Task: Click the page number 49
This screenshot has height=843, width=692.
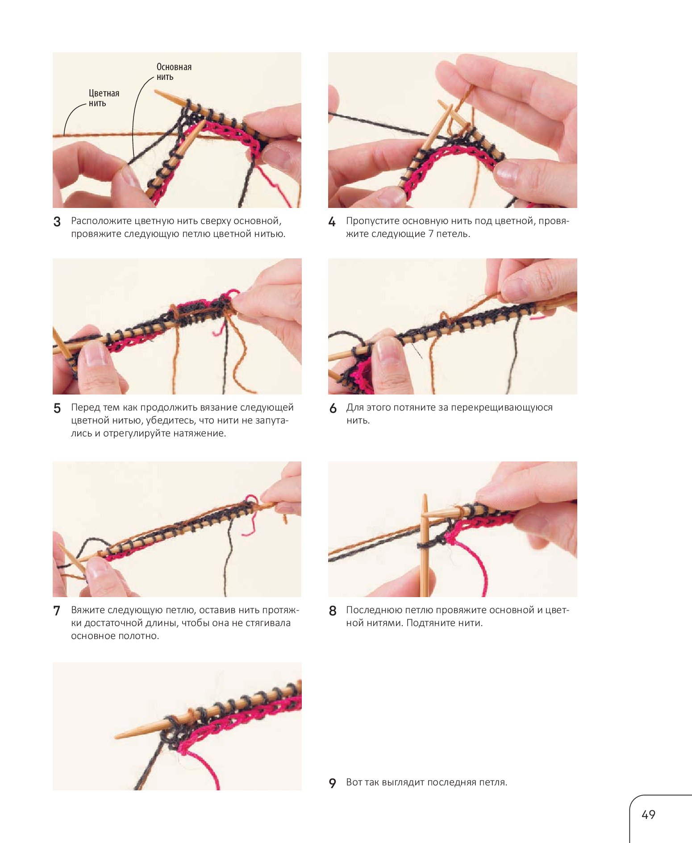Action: pyautogui.click(x=648, y=815)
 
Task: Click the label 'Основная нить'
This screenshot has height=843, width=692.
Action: pyautogui.click(x=174, y=72)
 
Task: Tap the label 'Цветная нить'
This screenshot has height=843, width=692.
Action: pyautogui.click(x=104, y=98)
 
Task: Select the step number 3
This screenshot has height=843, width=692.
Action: pyautogui.click(x=57, y=222)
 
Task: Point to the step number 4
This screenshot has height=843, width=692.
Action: pyautogui.click(x=332, y=222)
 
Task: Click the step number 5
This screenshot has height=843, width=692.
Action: pyautogui.click(x=57, y=408)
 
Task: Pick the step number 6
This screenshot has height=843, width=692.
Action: pyautogui.click(x=333, y=408)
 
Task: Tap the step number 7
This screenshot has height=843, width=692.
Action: pyautogui.click(x=57, y=610)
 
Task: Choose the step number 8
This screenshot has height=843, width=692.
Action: pyautogui.click(x=333, y=610)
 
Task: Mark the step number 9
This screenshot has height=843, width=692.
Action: pyautogui.click(x=333, y=783)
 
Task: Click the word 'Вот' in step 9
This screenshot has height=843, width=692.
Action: pyautogui.click(x=354, y=782)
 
